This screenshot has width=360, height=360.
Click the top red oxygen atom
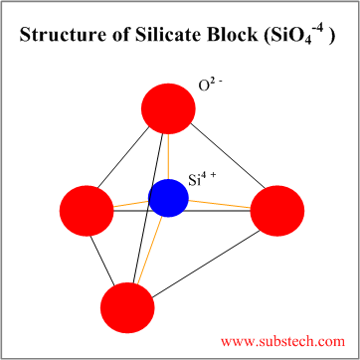(x=168, y=108)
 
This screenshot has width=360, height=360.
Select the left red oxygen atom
(x=87, y=211)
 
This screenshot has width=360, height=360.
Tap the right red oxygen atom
(x=277, y=211)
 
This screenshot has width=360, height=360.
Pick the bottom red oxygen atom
(x=127, y=307)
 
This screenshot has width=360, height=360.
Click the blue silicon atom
(x=168, y=198)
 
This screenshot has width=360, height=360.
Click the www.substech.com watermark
(x=282, y=341)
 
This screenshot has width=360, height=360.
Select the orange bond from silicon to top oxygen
(x=168, y=156)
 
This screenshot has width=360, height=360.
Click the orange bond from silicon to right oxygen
(x=220, y=204)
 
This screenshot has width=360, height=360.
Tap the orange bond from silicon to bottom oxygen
(x=149, y=251)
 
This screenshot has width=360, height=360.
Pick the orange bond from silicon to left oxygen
(x=131, y=204)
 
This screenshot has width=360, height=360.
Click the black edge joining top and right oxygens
(x=229, y=156)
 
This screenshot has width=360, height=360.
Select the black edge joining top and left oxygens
(x=123, y=157)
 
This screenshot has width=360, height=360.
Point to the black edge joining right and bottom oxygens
(x=206, y=264)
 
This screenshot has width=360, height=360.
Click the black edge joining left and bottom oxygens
(x=102, y=260)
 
